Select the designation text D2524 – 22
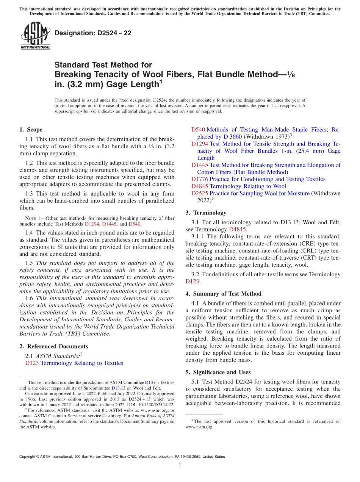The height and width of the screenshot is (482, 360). [93, 33]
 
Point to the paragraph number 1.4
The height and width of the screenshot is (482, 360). [29, 232]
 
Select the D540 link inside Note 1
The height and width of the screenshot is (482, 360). [135, 224]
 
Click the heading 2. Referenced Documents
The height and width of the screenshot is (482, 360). [53, 346]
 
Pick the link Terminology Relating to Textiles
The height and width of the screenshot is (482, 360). [81, 363]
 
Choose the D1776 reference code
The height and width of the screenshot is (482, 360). [200, 179]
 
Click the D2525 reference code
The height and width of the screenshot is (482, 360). [200, 193]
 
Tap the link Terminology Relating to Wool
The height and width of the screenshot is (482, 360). [248, 186]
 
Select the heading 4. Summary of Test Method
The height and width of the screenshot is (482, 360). [224, 294]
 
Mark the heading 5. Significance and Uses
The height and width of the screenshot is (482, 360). [218, 372]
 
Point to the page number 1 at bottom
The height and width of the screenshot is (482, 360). [180, 465]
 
